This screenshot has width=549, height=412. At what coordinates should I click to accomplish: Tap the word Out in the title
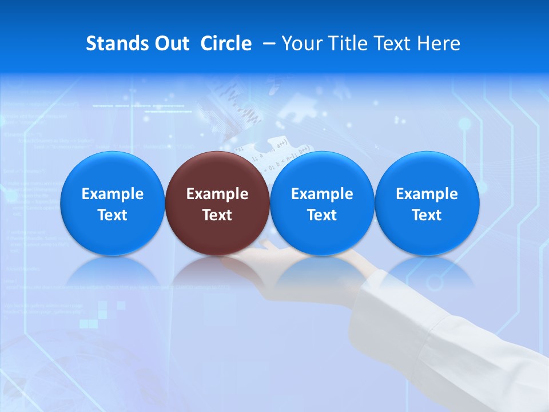coord(172,43)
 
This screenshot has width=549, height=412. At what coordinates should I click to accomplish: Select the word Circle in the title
coord(226,43)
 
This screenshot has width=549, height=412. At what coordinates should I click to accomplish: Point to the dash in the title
coord(267,43)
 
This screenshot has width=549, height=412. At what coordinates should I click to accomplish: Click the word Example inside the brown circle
coord(217,194)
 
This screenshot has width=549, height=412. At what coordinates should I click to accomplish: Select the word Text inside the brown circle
coord(217,215)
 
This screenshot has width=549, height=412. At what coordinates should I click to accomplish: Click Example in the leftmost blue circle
coord(113,194)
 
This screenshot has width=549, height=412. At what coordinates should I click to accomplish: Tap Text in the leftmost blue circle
coord(113,215)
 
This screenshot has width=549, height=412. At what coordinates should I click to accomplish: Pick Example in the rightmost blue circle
coord(427,194)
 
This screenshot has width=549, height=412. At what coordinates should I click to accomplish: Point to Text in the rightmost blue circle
coord(427,215)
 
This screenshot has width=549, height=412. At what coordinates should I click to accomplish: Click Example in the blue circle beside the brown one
coord(322,194)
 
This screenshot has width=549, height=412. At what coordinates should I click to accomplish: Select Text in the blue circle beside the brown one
coord(322,215)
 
